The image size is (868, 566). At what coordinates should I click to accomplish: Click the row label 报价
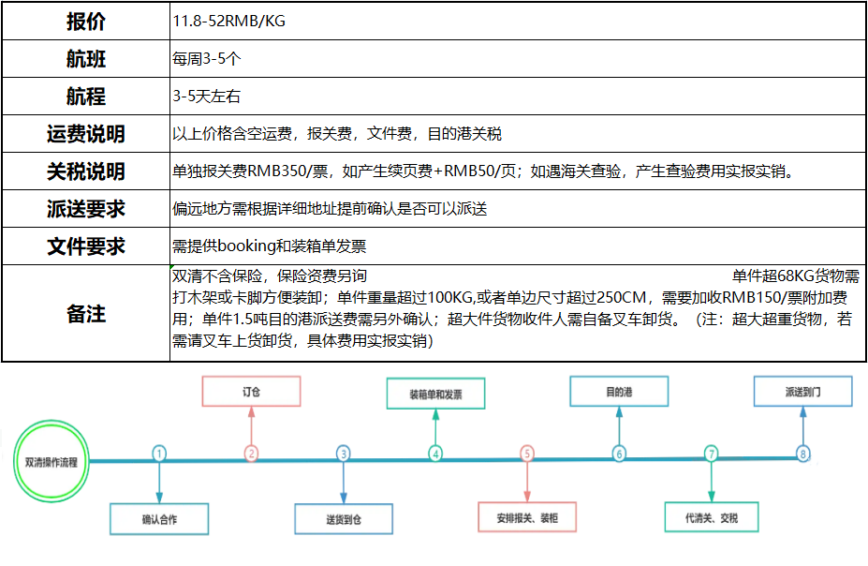click(x=86, y=21)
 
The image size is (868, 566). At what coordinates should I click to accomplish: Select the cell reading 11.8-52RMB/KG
click(x=229, y=21)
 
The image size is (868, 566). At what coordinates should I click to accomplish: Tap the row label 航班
click(x=86, y=59)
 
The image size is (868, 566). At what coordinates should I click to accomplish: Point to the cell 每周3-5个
click(x=207, y=59)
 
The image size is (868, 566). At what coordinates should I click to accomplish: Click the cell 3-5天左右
click(x=207, y=97)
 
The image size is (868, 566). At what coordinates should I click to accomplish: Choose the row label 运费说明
click(x=86, y=134)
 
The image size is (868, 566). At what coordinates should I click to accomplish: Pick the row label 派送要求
click(x=86, y=209)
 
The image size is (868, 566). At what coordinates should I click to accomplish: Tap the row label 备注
click(x=86, y=314)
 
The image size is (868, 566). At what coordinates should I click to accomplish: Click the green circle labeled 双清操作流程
click(x=51, y=422)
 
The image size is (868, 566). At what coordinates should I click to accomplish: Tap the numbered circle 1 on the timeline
click(x=159, y=448)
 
